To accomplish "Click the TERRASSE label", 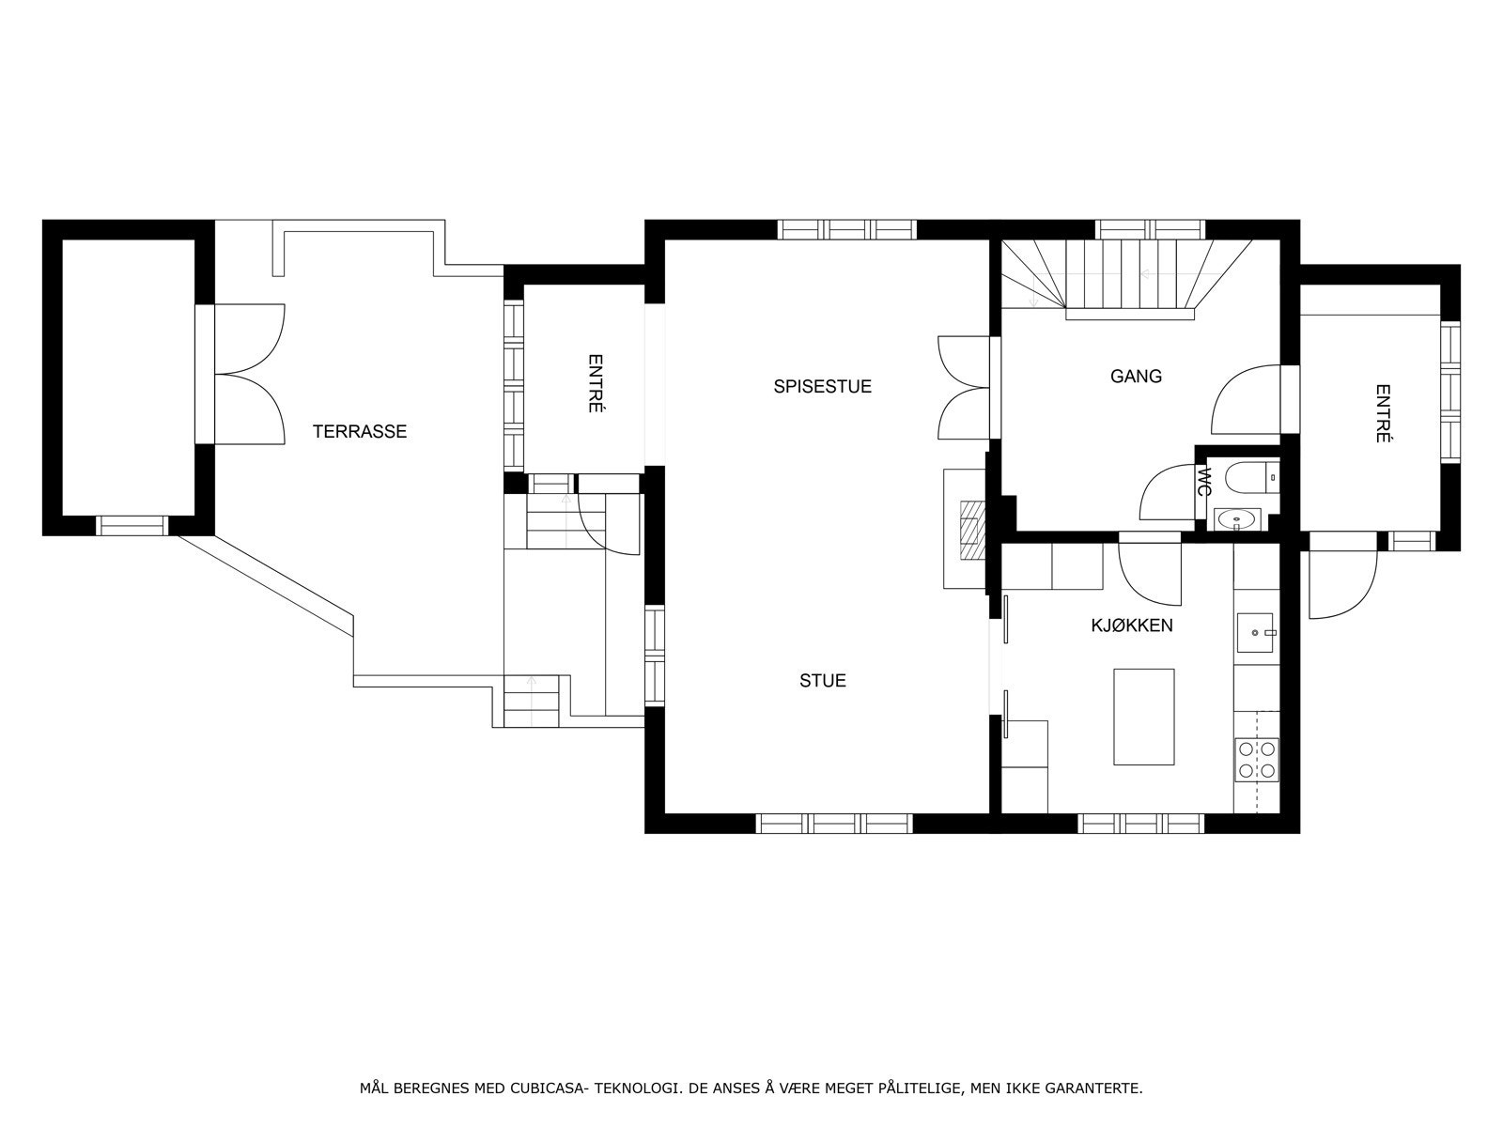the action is (360, 432).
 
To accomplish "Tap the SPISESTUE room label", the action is (822, 387).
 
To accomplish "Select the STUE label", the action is (822, 681).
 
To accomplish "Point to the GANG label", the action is (1136, 377).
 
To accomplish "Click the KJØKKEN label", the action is (1132, 625).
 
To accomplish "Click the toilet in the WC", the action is (1252, 478).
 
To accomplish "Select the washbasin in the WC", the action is (1237, 520).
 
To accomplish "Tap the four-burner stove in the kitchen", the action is (1257, 760).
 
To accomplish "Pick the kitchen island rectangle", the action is (1143, 718).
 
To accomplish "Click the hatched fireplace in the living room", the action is (972, 531).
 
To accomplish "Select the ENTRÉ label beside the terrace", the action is (595, 383).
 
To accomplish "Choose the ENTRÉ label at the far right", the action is (1383, 413).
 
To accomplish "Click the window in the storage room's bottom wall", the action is (132, 526).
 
